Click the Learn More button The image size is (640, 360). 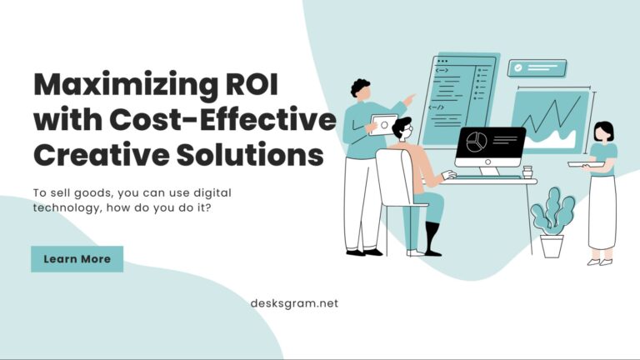tap(77, 259)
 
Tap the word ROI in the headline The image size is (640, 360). tap(251, 84)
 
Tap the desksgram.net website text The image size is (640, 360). tap(294, 304)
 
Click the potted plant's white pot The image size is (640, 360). tap(552, 245)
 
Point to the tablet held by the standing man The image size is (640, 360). tap(383, 124)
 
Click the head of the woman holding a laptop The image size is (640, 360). tap(603, 132)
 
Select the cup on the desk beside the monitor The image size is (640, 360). tap(527, 172)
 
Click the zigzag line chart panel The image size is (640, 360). tap(549, 121)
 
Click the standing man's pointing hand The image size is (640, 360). tap(410, 98)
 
